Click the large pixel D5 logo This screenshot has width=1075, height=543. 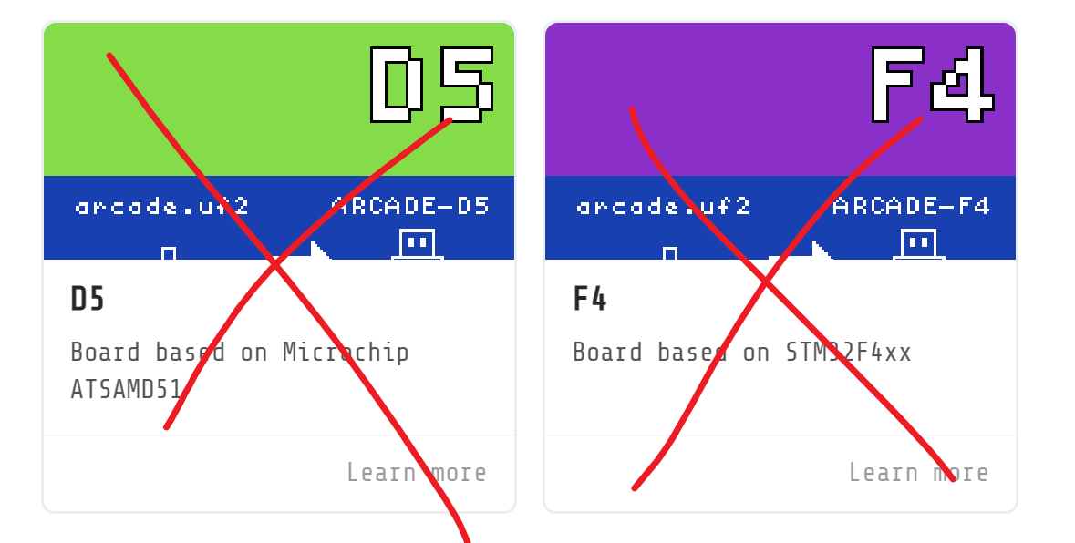pos(431,85)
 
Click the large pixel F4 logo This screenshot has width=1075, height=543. pos(931,85)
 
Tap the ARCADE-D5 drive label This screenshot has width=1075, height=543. pos(410,206)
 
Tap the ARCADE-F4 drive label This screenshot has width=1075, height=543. pos(911,206)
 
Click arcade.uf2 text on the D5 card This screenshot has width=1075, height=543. pos(161,206)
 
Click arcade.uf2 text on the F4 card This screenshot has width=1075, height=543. pos(663,206)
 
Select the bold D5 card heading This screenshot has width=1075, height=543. pos(88,300)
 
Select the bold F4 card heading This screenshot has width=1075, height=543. pos(589,300)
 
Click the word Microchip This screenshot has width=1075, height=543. pos(346,353)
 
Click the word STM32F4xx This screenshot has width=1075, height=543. pos(848,353)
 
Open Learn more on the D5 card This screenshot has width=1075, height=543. pos(417,473)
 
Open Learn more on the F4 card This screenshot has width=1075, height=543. pos(918,473)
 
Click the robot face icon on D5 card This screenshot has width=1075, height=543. pos(418,244)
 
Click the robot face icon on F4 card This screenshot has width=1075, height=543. pos(919,244)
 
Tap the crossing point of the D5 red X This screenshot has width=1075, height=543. pos(275,264)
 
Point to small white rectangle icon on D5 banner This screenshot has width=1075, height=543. pos(169,253)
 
